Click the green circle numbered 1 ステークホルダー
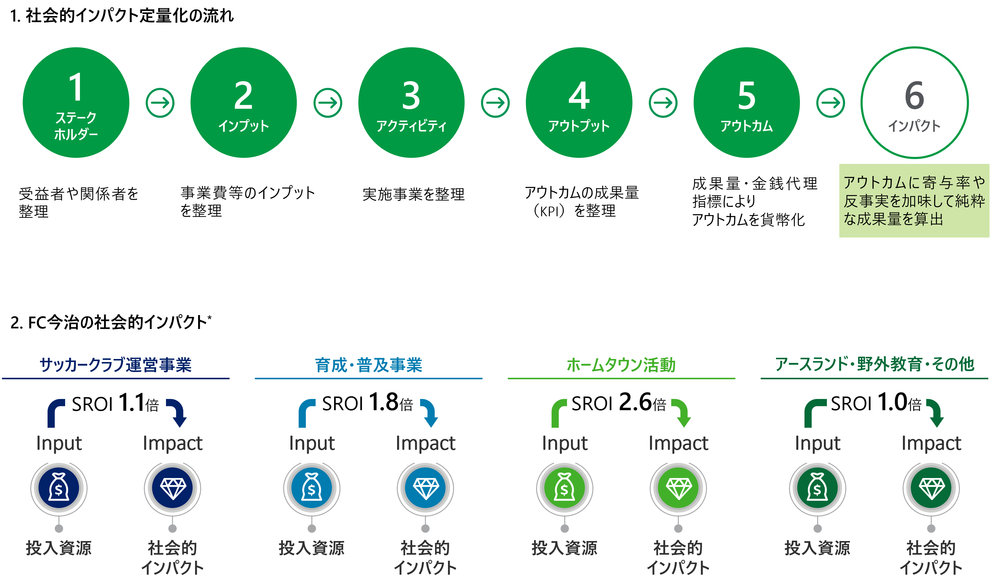point(76,103)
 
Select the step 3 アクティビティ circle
point(411,103)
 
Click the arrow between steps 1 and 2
point(160,103)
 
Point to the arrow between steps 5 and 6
point(831,103)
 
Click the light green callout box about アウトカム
point(914,201)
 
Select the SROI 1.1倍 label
point(115,401)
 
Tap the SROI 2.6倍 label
point(619,401)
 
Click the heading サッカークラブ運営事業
point(116,364)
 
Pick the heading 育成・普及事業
point(368,364)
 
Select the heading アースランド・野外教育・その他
point(874,364)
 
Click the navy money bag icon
point(59,488)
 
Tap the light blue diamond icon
point(425,488)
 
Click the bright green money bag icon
point(565,488)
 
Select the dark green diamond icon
point(931,488)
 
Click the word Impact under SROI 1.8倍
point(425,443)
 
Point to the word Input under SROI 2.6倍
point(565,443)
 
